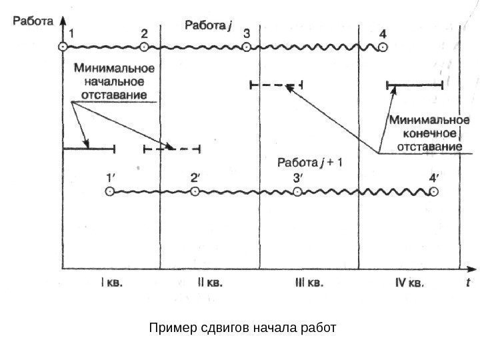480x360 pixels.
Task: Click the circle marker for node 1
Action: pos(63,47)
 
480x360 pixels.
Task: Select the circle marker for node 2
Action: pos(145,47)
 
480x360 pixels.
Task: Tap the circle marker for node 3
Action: pos(247,47)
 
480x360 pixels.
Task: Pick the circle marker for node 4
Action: pos(382,47)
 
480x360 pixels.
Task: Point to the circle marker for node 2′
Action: pos(195,192)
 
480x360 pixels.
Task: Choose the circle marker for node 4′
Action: pos(433,192)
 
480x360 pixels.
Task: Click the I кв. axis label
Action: pos(111,282)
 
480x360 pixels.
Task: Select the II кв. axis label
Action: pos(210,282)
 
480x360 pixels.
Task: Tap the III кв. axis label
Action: pos(309,282)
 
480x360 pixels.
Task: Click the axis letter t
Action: pos(469,282)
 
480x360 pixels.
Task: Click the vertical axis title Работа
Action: pos(31,21)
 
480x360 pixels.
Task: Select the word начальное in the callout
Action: pos(115,81)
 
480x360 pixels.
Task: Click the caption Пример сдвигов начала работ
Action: pos(243,329)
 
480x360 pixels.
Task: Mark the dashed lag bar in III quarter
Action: pos(275,85)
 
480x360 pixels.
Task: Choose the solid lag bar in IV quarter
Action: pos(415,85)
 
